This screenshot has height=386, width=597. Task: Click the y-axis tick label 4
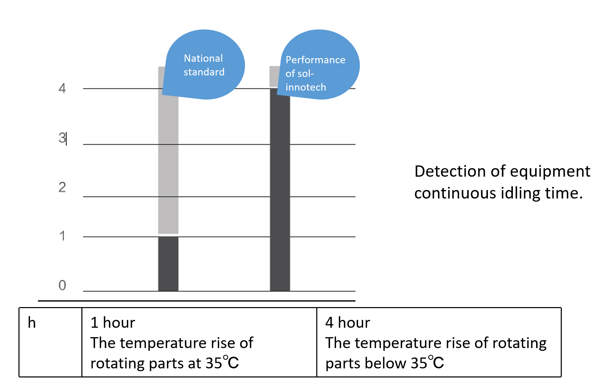(62, 88)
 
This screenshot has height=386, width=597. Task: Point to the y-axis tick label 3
(62, 138)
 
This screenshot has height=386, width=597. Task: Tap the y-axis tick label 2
(62, 187)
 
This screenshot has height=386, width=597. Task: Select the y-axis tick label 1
(62, 236)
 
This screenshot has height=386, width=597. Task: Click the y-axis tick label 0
(62, 285)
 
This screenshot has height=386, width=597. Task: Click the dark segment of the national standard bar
(168, 264)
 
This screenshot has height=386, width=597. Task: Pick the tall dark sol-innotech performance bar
(280, 191)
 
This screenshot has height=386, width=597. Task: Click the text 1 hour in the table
(113, 323)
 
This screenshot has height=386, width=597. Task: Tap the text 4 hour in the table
(347, 323)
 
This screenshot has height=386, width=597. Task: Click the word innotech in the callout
(306, 87)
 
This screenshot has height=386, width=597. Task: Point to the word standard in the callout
(204, 72)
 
